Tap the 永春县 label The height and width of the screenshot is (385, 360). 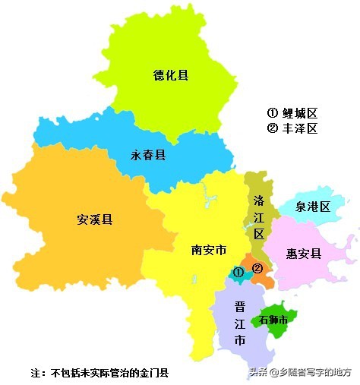point(148,155)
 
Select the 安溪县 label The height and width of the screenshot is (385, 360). point(95,220)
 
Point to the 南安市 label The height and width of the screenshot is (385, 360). point(208,250)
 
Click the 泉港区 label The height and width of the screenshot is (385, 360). point(314,207)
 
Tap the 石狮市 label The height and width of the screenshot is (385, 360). point(273,320)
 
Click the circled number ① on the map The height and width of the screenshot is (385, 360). point(238,272)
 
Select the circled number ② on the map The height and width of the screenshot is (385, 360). point(257,268)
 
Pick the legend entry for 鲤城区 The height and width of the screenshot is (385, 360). point(292,113)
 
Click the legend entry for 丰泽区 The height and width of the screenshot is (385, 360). point(292,128)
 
